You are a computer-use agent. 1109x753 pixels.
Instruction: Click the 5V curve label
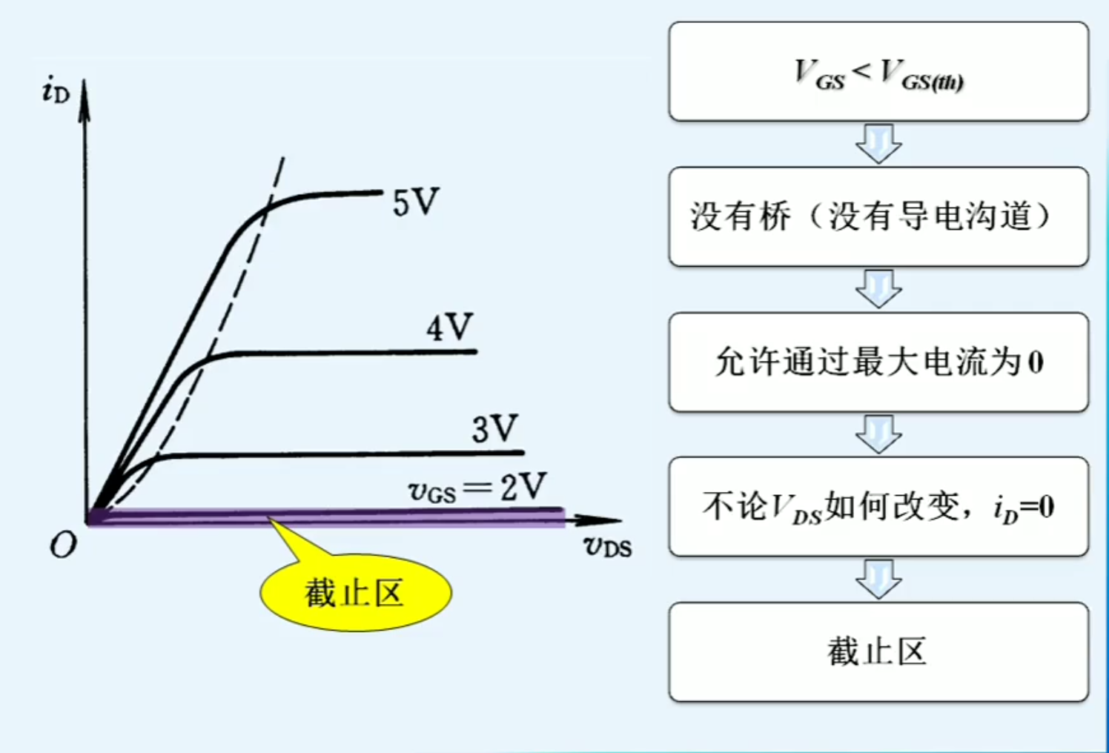tap(415, 202)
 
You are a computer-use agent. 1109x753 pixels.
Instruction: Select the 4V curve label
tap(449, 327)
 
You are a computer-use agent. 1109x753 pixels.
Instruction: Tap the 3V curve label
tap(494, 428)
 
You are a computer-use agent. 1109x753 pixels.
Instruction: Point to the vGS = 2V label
tap(477, 488)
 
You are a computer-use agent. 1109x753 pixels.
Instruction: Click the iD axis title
tap(56, 92)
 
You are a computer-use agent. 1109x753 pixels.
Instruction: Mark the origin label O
tap(63, 545)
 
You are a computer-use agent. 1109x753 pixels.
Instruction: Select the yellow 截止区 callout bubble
tap(355, 593)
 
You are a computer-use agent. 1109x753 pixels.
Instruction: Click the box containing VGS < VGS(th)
tap(878, 72)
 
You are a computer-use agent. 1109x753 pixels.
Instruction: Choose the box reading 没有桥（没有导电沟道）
tap(878, 216)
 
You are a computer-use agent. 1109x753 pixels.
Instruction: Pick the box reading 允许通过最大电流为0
tap(878, 362)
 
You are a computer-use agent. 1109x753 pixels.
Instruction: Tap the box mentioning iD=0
tap(878, 507)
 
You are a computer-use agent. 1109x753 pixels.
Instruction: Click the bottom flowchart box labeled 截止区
tap(878, 652)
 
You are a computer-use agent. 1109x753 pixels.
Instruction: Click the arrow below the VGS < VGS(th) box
tap(878, 143)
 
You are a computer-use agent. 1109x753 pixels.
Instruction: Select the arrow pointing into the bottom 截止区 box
tap(878, 579)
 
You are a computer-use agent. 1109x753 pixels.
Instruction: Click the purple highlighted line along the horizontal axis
tap(326, 516)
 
